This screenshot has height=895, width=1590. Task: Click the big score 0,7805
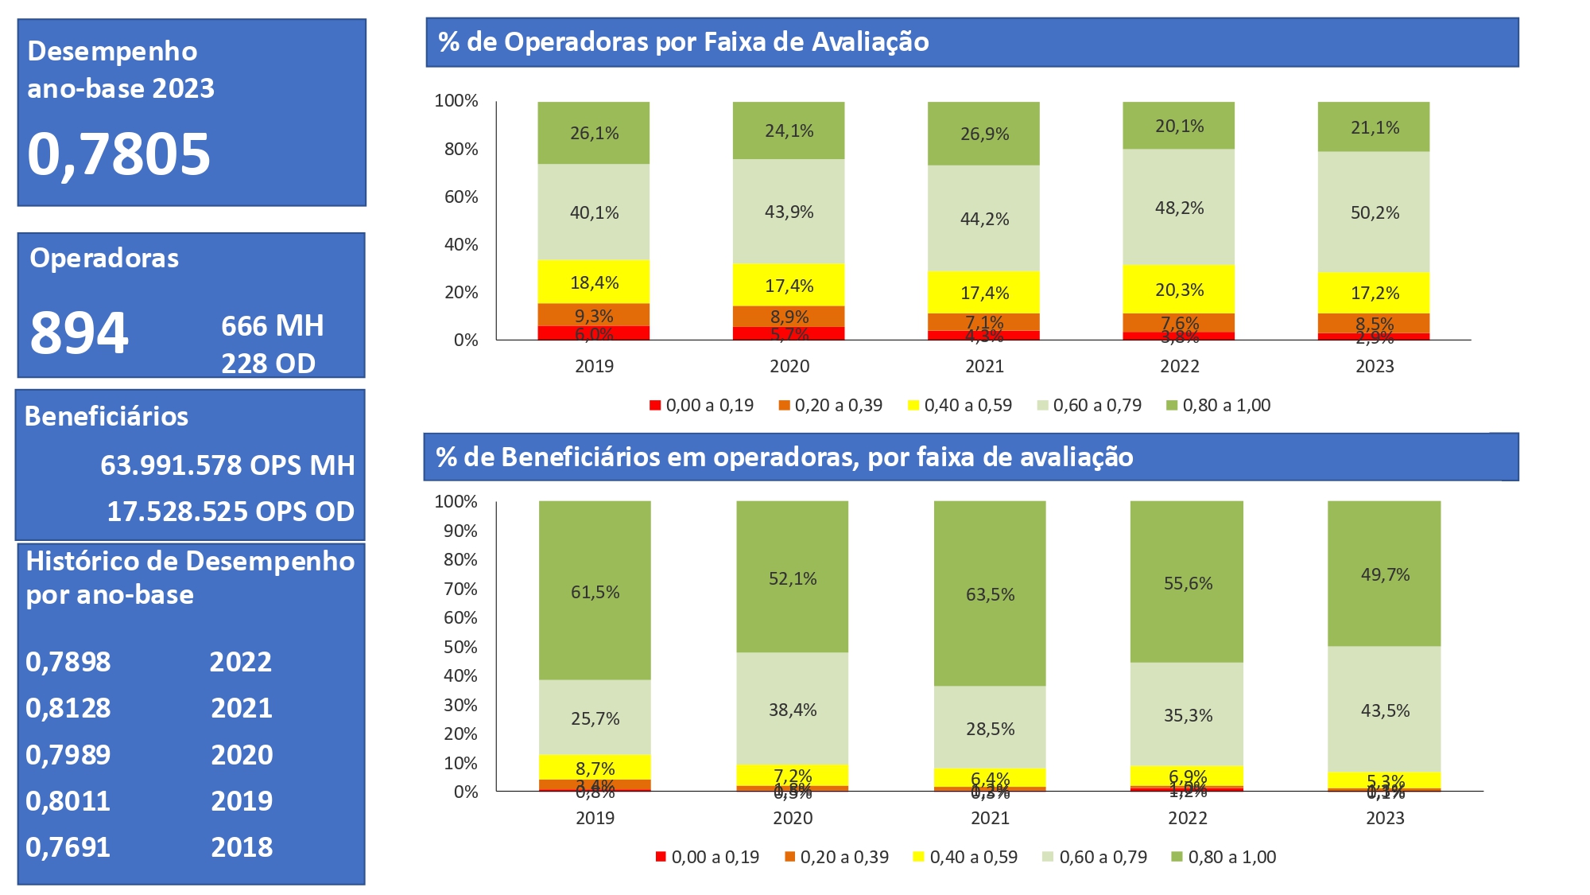119,154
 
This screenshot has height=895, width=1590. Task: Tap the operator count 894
79,333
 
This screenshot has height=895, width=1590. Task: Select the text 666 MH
272,326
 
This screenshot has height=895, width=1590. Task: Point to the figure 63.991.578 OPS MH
227,465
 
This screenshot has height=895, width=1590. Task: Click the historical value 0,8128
68,708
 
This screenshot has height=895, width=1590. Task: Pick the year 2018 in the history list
242,847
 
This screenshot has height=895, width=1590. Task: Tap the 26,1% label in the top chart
594,133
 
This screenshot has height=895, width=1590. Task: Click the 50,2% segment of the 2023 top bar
1375,212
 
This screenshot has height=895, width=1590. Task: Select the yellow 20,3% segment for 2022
1179,290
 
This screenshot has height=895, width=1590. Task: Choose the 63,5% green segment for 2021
990,594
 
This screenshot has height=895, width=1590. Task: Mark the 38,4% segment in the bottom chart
793,710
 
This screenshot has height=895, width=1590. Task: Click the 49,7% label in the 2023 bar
1385,574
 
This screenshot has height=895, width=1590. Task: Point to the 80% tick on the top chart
461,149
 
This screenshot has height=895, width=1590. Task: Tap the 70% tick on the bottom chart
460,589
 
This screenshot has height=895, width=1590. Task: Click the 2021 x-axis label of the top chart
984,366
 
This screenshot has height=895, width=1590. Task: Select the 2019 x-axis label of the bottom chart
595,818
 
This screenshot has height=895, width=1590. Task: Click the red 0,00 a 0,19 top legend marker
655,405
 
